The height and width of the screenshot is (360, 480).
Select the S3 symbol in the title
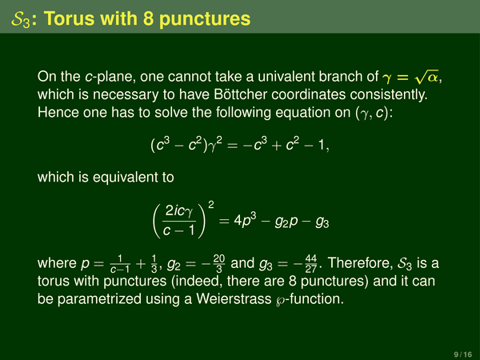point(21,19)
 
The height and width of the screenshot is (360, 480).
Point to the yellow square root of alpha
point(426,77)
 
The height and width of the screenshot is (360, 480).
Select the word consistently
point(389,94)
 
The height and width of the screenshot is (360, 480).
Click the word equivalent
point(133,177)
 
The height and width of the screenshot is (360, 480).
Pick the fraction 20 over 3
point(219,263)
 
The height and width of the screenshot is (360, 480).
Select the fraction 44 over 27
point(310,263)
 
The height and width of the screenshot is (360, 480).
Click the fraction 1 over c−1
point(120,263)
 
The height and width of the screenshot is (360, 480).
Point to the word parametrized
point(99,299)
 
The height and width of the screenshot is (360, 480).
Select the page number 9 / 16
point(463,354)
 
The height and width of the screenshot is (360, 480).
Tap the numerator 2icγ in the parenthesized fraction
point(179,211)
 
